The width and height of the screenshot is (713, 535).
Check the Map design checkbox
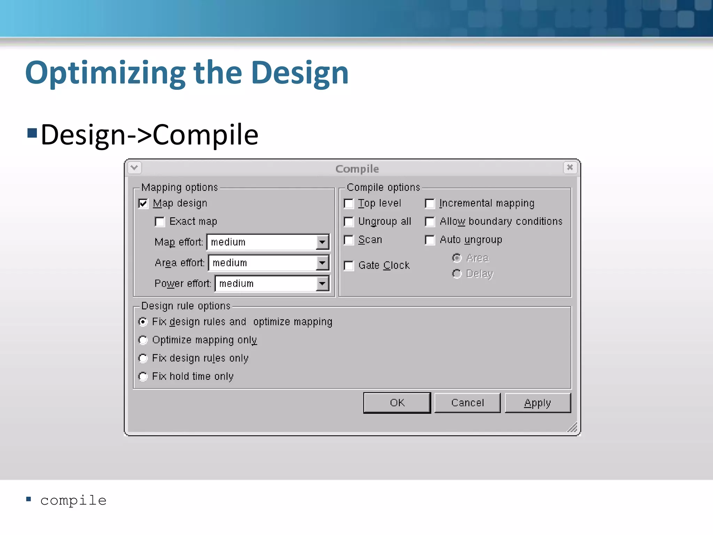[143, 203]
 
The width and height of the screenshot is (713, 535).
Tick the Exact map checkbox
[160, 222]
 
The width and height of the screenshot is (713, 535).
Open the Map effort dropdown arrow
[322, 242]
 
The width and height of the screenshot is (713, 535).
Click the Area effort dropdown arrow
[322, 263]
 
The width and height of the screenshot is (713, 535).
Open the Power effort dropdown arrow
[322, 284]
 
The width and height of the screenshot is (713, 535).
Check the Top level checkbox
[349, 203]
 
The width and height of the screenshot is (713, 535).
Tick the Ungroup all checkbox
[349, 222]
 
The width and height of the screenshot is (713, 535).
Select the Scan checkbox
[349, 240]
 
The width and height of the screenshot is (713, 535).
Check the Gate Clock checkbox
[349, 266]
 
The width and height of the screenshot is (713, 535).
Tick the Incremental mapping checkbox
[430, 203]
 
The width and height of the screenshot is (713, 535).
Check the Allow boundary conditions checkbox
[430, 222]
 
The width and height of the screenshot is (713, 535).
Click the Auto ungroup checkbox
[430, 240]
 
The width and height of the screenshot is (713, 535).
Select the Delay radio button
[457, 274]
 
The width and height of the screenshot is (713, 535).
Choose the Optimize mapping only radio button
[143, 340]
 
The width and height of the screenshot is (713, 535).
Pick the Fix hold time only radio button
[143, 377]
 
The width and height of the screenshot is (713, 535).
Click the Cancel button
[467, 403]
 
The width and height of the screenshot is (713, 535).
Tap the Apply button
[538, 403]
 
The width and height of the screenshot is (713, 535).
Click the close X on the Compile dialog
[570, 168]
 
